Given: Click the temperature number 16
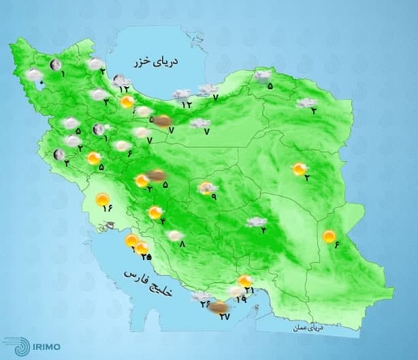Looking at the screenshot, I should click(x=107, y=209).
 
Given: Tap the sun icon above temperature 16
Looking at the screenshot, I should click(x=103, y=200).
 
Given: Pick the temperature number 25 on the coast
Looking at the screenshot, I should click(x=145, y=257).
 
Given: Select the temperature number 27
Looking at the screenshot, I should click(x=225, y=316).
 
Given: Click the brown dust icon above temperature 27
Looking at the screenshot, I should click(x=217, y=308).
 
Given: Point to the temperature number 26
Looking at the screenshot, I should click(x=205, y=304).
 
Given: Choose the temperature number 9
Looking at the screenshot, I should click(x=213, y=197).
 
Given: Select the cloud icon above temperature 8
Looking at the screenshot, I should click(x=176, y=235).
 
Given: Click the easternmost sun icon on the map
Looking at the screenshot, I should click(x=329, y=236).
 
